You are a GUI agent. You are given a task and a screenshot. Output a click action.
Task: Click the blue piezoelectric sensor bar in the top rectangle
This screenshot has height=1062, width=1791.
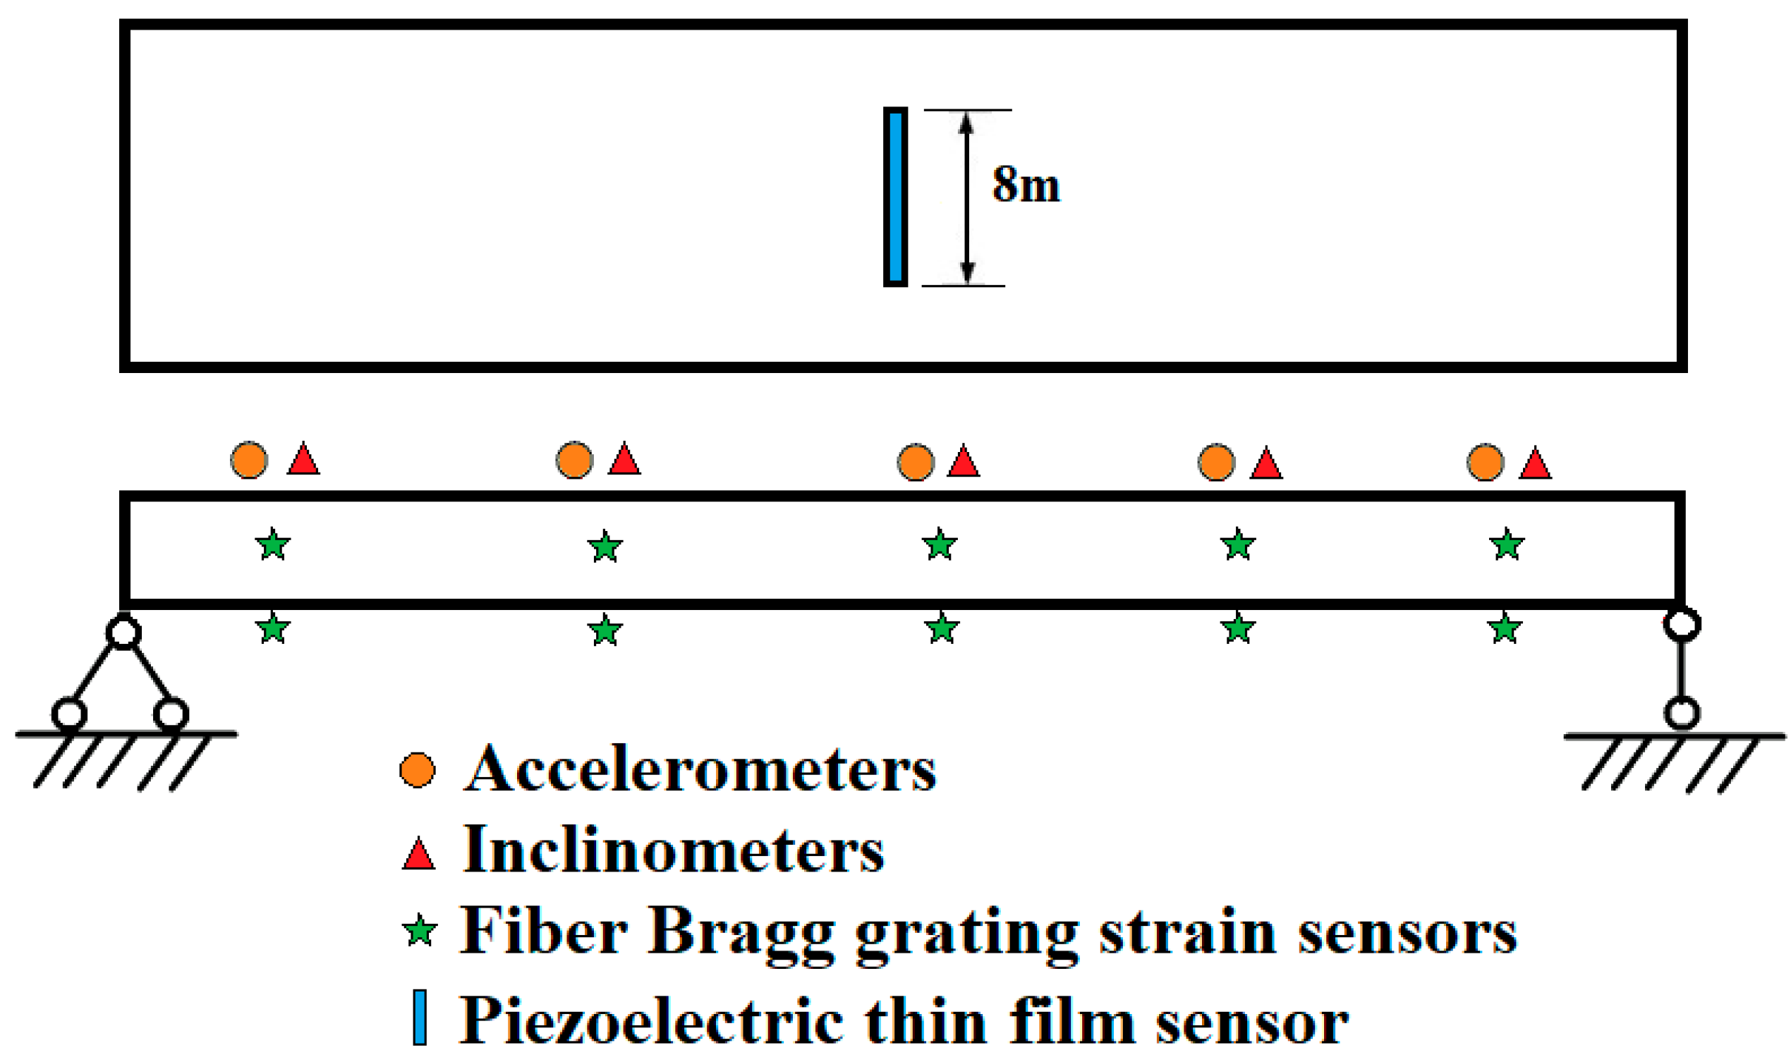(x=894, y=197)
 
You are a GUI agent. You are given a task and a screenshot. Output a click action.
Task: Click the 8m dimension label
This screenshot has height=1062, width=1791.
(x=1025, y=185)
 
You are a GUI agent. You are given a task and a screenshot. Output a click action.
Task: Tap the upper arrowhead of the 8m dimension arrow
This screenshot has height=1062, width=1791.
(x=966, y=123)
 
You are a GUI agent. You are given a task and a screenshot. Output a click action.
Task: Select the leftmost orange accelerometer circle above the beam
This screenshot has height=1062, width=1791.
(x=249, y=460)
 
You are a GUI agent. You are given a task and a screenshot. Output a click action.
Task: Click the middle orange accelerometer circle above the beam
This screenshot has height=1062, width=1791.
(x=916, y=462)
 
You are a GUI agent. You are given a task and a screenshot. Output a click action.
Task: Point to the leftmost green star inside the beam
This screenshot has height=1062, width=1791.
(x=273, y=545)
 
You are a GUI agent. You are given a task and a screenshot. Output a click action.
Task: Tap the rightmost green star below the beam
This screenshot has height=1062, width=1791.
(x=1505, y=629)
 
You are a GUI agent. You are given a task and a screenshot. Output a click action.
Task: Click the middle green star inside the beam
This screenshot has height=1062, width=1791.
(x=939, y=545)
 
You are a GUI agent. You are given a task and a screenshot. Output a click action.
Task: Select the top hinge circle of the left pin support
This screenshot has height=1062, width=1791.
(x=123, y=632)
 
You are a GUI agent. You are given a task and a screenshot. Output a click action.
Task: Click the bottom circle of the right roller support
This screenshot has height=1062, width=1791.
(x=1682, y=713)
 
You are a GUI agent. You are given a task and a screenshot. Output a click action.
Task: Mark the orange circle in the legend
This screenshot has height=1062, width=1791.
(x=418, y=770)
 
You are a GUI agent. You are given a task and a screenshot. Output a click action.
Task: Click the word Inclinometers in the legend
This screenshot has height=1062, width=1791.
(x=673, y=850)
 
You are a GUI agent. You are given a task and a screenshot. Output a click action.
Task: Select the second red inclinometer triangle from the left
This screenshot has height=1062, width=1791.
(x=624, y=460)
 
